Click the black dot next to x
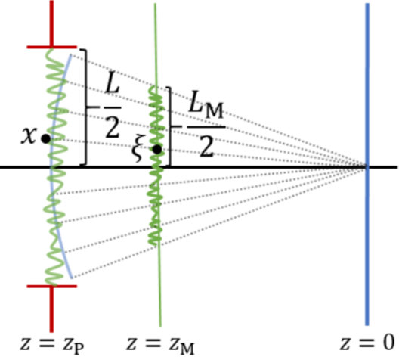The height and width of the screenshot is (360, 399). [x=46, y=138]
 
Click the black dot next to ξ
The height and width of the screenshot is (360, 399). [x=157, y=149]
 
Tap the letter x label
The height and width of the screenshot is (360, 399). [x=28, y=136]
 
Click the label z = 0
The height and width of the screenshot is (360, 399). [x=367, y=343]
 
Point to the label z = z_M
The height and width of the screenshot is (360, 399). [x=160, y=345]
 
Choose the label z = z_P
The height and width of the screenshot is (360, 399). [x=52, y=345]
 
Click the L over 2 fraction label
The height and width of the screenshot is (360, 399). [x=112, y=107]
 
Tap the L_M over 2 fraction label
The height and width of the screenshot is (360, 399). [x=206, y=124]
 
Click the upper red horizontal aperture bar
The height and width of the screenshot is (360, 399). [x=52, y=47]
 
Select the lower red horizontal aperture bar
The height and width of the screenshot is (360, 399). [x=52, y=287]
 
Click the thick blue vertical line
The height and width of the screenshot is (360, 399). [x=367, y=164]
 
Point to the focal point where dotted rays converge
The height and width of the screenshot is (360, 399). [x=367, y=167]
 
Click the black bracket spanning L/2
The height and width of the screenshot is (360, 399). [x=86, y=107]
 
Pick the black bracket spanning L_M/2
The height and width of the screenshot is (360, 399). [x=170, y=126]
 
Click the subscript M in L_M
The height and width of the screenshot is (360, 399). [x=214, y=110]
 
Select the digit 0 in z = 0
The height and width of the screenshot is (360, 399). [x=388, y=343]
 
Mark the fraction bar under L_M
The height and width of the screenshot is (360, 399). [x=206, y=126]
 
